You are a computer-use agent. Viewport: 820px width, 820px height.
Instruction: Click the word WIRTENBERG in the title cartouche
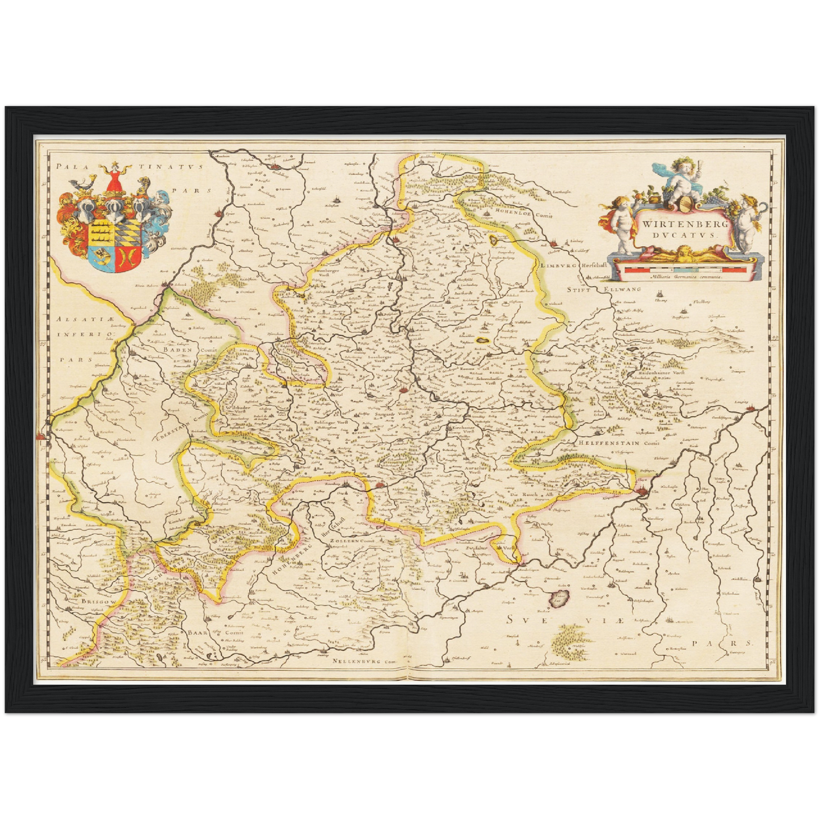679,224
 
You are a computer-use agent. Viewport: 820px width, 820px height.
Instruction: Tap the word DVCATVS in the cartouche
679,235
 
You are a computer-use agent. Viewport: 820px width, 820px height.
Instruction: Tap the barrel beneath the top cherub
683,204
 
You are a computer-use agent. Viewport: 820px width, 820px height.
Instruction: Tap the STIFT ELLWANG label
604,289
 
